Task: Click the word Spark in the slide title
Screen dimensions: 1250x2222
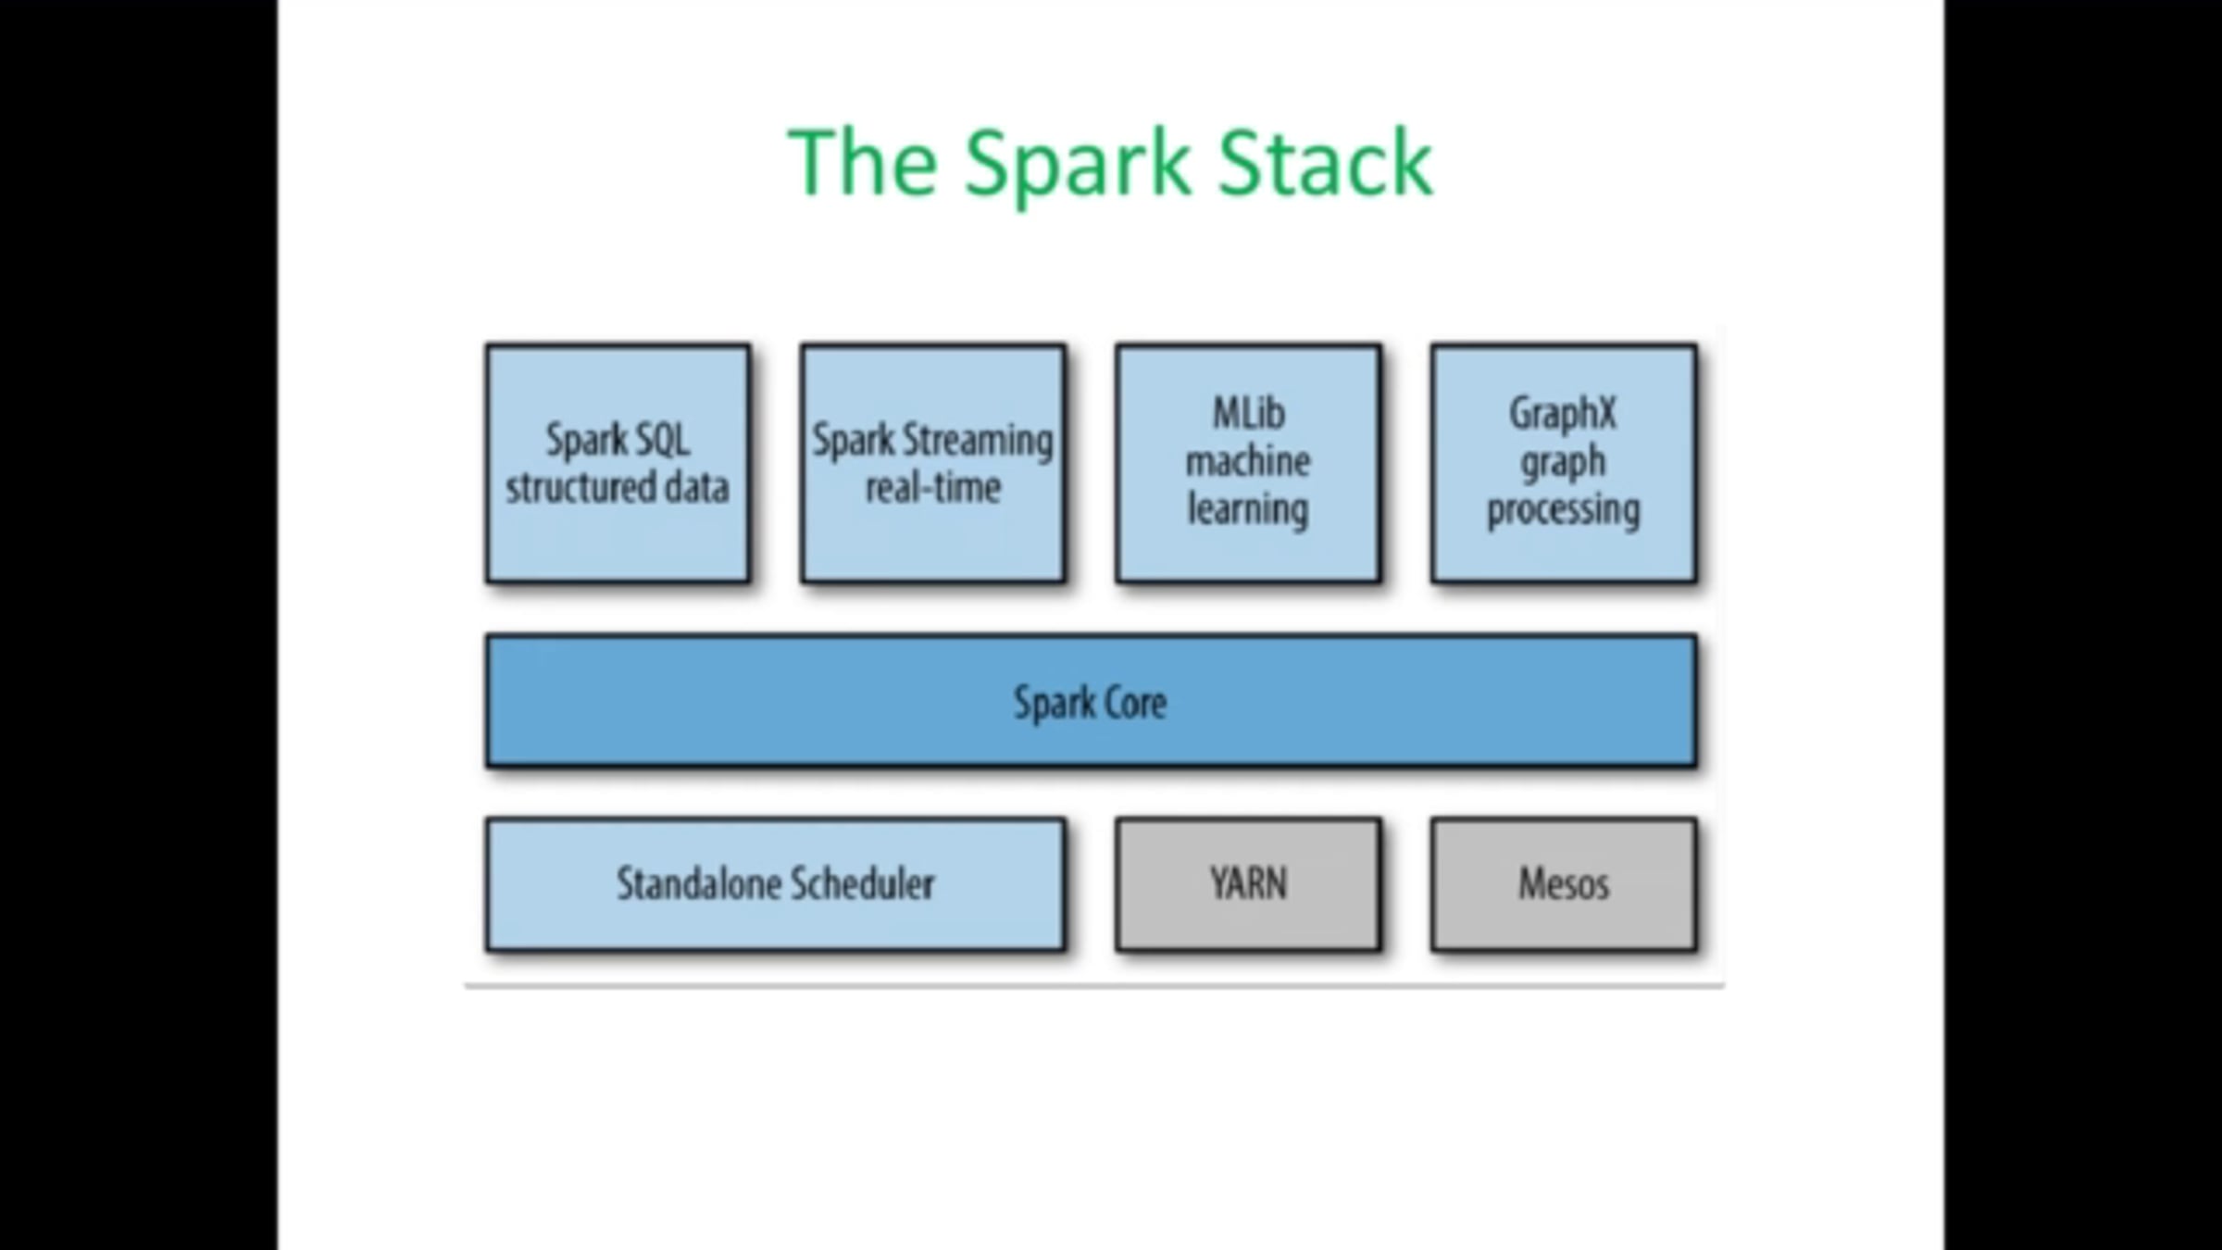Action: point(1076,165)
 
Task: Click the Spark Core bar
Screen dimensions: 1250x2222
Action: point(1091,701)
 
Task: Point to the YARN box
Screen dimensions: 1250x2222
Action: point(1248,883)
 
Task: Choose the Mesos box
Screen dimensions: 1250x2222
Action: point(1564,883)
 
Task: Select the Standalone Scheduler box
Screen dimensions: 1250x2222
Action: point(775,883)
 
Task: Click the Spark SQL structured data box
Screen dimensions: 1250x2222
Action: point(618,463)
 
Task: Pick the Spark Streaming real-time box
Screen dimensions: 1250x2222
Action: point(933,463)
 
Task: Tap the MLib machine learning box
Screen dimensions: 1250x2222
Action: point(1248,463)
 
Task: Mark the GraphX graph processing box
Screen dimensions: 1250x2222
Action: point(1564,463)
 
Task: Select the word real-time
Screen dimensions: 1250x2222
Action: point(933,487)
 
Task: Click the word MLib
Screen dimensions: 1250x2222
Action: point(1248,413)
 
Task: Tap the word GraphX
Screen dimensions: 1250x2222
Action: point(1563,413)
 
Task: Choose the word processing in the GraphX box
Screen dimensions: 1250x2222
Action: point(1563,510)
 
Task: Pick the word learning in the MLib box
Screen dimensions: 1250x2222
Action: point(1248,509)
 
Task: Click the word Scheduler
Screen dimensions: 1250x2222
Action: point(861,883)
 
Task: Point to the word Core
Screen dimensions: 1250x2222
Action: point(1130,702)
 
